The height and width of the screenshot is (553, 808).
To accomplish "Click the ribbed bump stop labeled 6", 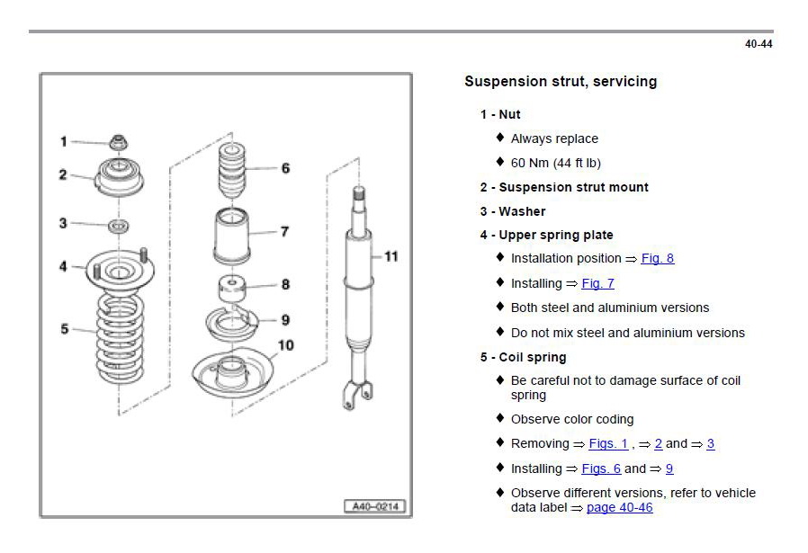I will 231,168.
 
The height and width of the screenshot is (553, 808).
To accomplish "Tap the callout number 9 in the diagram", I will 285,319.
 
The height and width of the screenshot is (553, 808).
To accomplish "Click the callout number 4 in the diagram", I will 63,266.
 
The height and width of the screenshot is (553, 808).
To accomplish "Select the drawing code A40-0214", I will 375,506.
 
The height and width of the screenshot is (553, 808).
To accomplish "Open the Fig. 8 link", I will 657,259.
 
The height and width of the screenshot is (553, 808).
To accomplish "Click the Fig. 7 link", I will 597,283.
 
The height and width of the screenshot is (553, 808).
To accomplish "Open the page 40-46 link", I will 619,508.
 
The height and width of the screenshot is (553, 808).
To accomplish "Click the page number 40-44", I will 759,44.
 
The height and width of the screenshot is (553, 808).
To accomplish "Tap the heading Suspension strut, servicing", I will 560,82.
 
